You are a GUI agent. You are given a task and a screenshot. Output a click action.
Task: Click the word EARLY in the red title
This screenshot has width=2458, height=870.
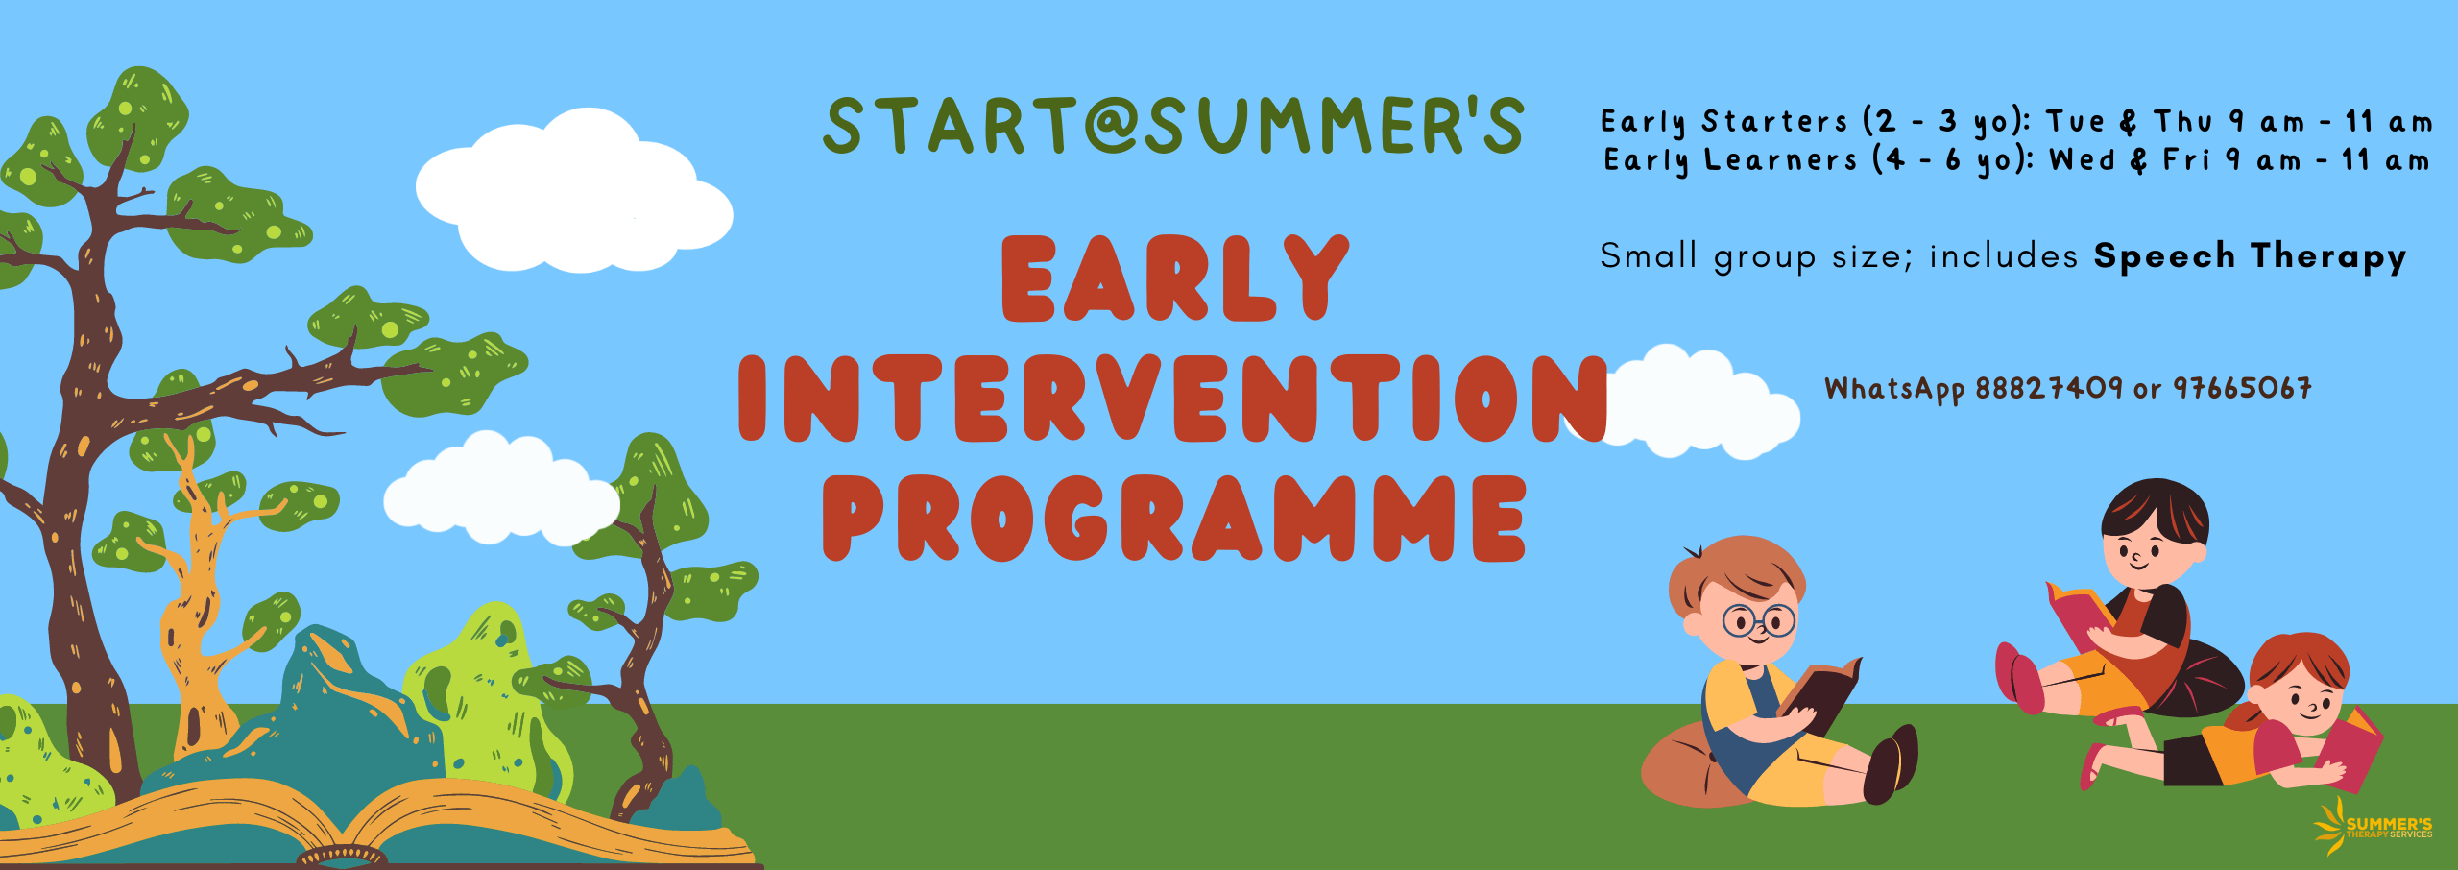(x=1174, y=278)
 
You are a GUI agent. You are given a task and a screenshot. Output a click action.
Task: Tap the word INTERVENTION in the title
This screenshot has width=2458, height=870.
(x=1172, y=398)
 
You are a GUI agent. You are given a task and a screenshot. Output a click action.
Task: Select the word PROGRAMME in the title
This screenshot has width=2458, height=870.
(x=1174, y=518)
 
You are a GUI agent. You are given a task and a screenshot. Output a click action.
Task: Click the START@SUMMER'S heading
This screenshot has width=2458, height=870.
(x=1173, y=126)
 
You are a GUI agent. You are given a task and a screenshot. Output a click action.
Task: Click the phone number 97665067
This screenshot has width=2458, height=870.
(x=2242, y=388)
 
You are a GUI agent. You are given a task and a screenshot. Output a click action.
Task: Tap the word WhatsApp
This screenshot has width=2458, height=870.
(x=1894, y=389)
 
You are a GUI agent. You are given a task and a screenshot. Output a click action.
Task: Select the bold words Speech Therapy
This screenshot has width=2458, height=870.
(x=2250, y=256)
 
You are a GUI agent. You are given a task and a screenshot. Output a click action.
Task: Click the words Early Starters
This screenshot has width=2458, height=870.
(x=1724, y=122)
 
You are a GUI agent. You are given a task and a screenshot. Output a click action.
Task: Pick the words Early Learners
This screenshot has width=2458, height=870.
(x=1731, y=160)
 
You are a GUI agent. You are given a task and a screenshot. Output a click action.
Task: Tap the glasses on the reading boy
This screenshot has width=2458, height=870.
(x=1758, y=620)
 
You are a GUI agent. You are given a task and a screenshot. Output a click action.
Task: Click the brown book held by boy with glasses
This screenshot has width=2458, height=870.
(x=1820, y=693)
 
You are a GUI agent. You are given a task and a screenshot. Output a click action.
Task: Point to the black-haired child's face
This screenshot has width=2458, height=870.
(x=2143, y=553)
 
